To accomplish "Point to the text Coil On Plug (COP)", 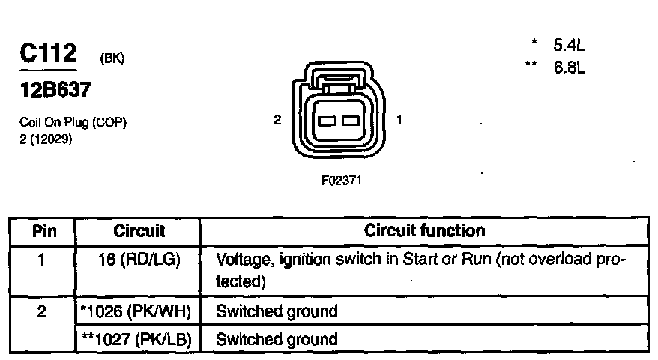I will pos(73,124).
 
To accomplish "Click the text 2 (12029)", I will pos(46,139).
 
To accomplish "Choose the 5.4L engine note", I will pos(568,46).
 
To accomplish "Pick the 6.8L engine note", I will pos(568,67).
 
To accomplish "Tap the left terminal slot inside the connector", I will pos(328,121).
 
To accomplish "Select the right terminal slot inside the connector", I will pos(351,121).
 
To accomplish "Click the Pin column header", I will pos(41,231).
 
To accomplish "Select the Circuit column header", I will pos(139,231).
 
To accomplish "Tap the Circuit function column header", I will pos(424,231).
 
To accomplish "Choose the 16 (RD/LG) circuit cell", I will pos(139,259).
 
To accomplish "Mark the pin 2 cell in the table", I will pos(41,310).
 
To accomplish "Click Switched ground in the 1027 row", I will pos(277,339).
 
